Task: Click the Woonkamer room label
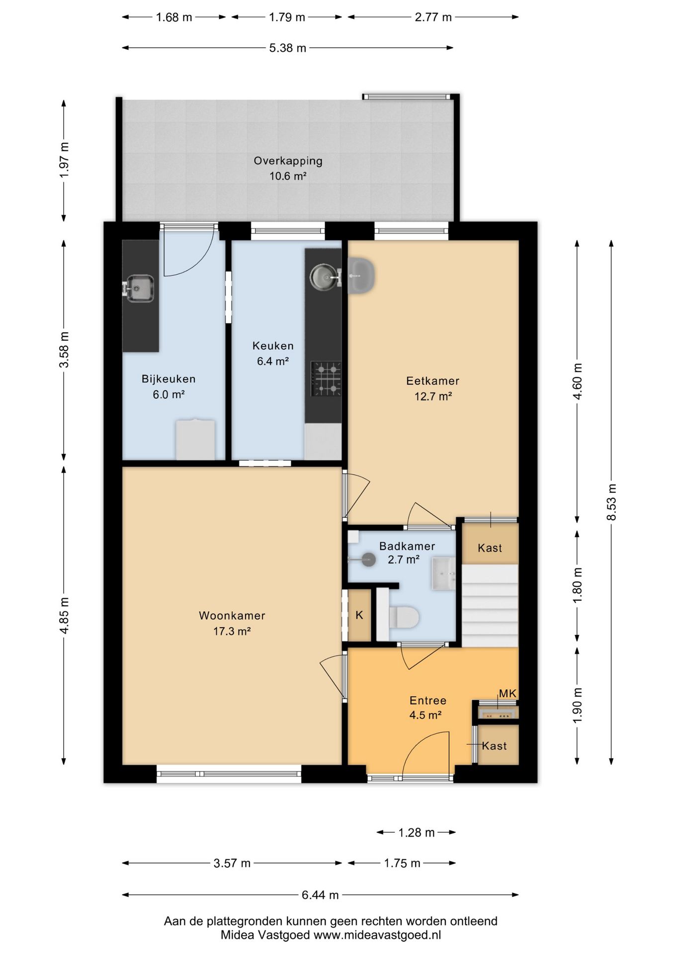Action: coord(232,616)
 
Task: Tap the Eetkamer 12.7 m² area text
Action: coord(433,397)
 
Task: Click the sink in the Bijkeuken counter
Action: coord(139,288)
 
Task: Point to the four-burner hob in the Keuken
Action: coord(326,379)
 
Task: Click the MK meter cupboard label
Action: coord(507,694)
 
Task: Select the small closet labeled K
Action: coord(359,615)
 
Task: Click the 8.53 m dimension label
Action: coord(612,502)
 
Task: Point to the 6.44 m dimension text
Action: coord(320,895)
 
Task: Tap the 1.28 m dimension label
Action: coord(417,832)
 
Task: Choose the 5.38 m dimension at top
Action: coord(288,48)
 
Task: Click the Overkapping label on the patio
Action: coord(288,161)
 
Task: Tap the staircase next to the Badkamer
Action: coord(490,605)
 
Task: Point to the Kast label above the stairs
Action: coord(490,548)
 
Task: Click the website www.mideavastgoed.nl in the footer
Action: coord(377,935)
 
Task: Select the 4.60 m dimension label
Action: coord(578,382)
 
